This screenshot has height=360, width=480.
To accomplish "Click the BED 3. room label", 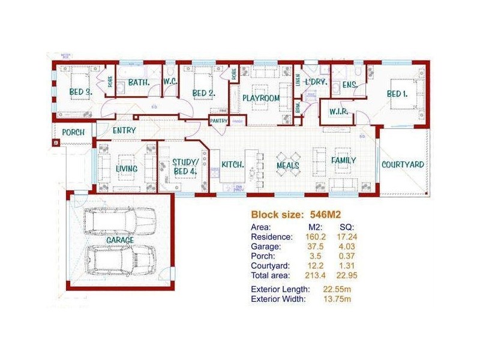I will pos(80,92).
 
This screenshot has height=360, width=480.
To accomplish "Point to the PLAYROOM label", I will pos(262,98).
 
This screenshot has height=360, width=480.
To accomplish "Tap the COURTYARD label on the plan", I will pos(403,164).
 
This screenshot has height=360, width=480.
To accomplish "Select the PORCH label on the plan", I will pos(74,132).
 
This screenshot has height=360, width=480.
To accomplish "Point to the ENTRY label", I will pos(124,130).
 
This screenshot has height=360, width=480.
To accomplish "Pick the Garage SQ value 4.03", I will pos(347,247).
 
